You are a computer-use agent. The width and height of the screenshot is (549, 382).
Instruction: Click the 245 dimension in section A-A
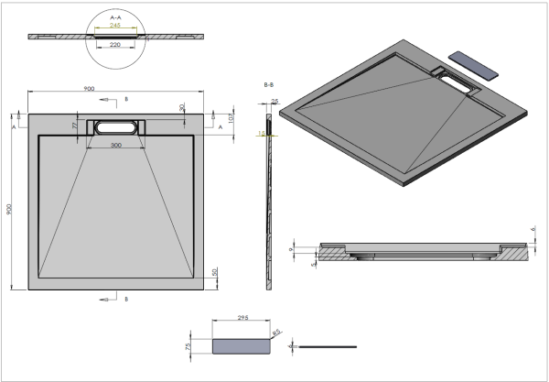[x=114, y=26]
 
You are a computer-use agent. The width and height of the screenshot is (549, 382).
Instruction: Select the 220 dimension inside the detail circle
[x=114, y=43]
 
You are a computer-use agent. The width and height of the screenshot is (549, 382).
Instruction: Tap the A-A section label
[x=114, y=16]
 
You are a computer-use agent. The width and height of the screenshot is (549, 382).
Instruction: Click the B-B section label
[x=269, y=84]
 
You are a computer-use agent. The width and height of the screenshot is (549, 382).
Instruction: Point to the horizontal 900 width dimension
[x=89, y=89]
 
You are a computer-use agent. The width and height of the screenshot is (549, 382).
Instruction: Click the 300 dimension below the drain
[x=115, y=146]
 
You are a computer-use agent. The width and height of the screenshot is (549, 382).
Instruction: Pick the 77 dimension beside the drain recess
[x=75, y=124]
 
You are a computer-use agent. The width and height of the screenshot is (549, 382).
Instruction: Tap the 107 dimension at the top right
[x=231, y=117]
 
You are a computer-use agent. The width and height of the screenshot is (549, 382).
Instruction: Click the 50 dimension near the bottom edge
[x=214, y=273]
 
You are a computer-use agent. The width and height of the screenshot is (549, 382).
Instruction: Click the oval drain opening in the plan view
[x=114, y=128]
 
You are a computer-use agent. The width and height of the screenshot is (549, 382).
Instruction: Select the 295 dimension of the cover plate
[x=242, y=317]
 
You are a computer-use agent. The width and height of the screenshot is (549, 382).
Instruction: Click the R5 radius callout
[x=276, y=333]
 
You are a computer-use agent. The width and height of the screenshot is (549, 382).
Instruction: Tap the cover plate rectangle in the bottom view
[x=242, y=346]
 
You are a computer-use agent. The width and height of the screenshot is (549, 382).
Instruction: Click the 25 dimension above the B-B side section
[x=274, y=102]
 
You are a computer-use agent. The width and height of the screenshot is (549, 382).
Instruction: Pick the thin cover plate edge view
[x=328, y=346]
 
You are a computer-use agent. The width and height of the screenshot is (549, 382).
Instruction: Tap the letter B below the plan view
[x=126, y=299]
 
